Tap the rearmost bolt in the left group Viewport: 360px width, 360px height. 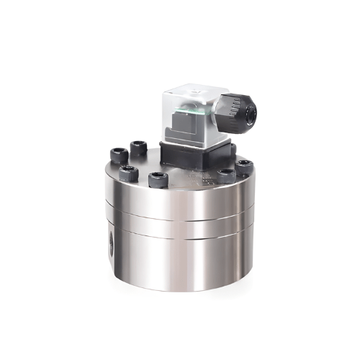138,147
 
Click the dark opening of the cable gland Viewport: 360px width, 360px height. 248,111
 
